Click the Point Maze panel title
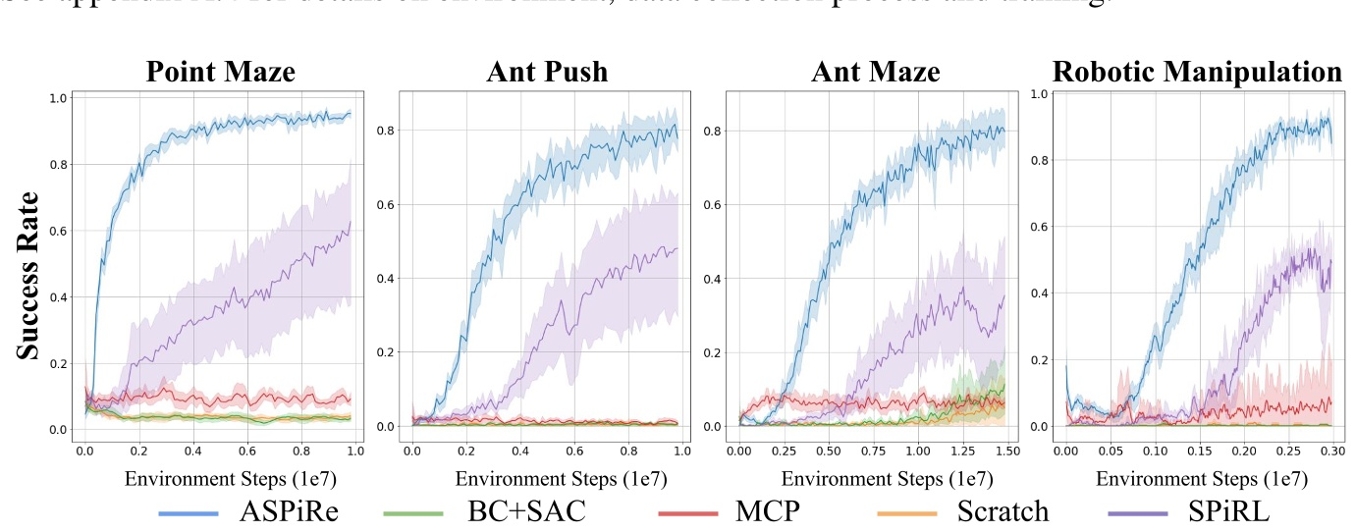(x=220, y=72)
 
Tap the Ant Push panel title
(x=546, y=72)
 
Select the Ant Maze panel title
(x=875, y=72)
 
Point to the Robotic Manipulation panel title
(x=1197, y=72)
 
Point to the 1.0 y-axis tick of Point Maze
(x=58, y=98)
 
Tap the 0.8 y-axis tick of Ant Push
(x=386, y=131)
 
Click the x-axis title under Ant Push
(x=546, y=479)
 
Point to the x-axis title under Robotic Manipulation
(x=1201, y=479)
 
